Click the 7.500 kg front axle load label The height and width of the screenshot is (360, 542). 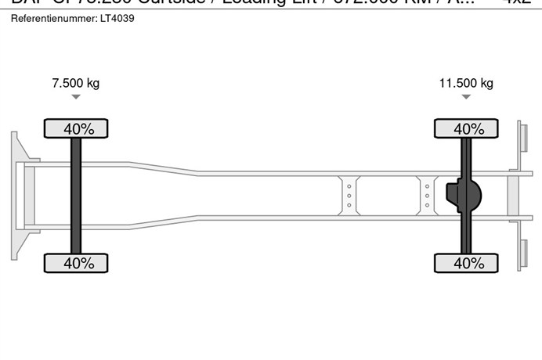(75, 83)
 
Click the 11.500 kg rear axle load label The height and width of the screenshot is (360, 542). (466, 83)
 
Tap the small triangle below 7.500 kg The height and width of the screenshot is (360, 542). (75, 97)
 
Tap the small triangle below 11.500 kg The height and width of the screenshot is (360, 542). (466, 97)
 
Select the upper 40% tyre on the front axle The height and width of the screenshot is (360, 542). (75, 128)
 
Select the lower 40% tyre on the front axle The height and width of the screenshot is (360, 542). (75, 263)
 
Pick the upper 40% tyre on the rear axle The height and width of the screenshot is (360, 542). (467, 128)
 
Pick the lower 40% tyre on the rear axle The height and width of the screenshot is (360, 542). (467, 263)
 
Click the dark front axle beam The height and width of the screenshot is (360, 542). (76, 196)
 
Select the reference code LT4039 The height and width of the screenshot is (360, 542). (117, 17)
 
